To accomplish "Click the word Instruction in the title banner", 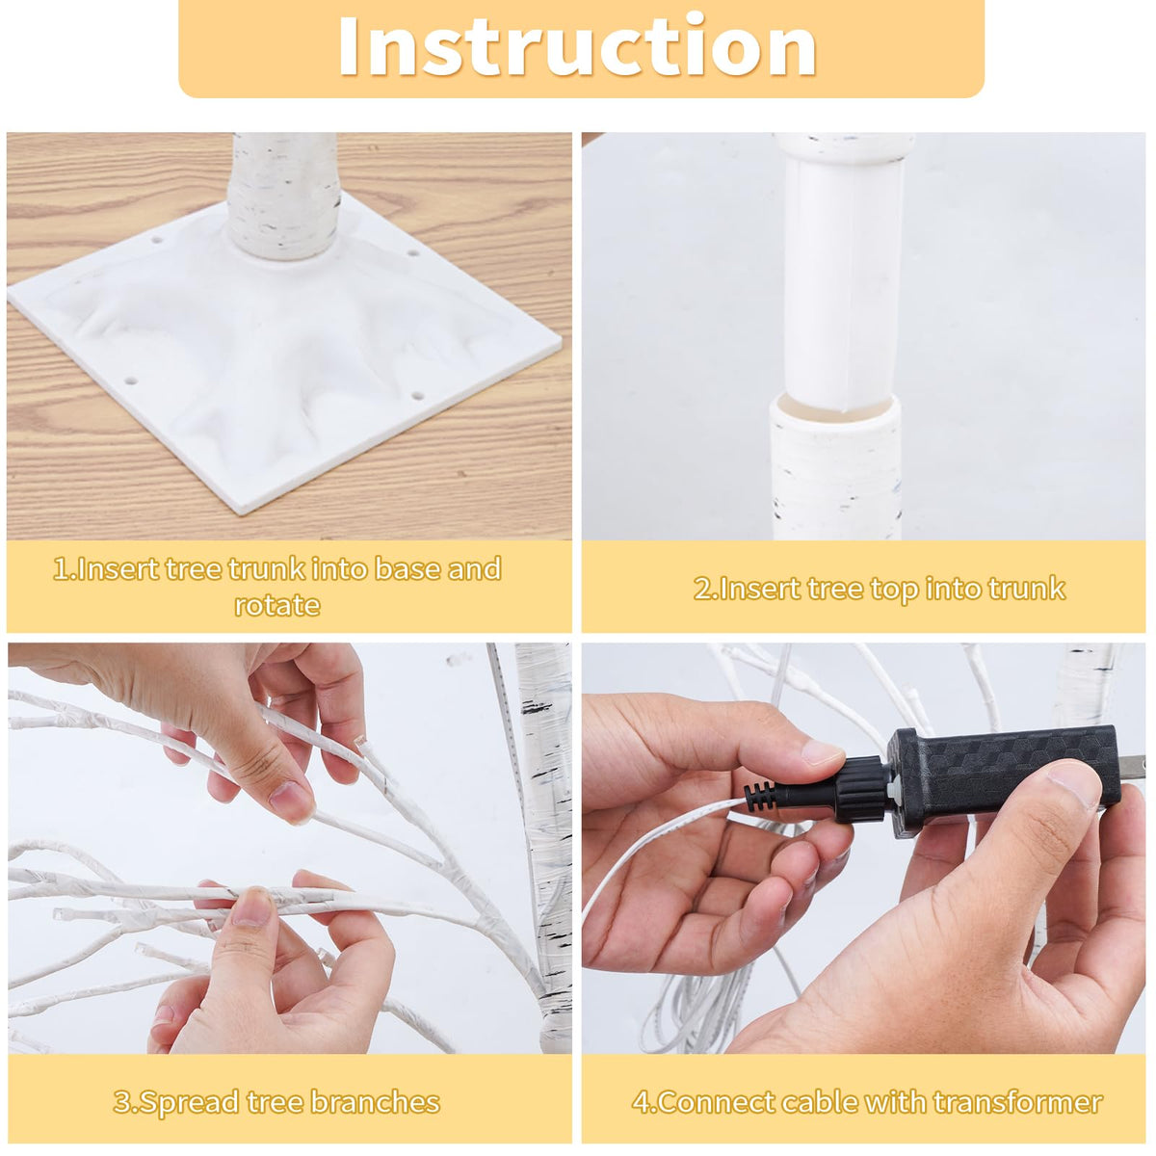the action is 577,46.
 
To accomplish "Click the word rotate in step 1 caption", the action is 277,605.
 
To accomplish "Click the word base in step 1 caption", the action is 407,568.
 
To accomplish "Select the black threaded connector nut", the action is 858,789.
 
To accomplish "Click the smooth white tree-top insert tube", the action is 844,282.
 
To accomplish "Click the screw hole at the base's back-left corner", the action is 157,239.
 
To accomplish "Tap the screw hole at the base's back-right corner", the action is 412,252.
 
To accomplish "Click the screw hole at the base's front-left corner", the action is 131,381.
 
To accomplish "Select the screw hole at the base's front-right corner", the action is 418,397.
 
